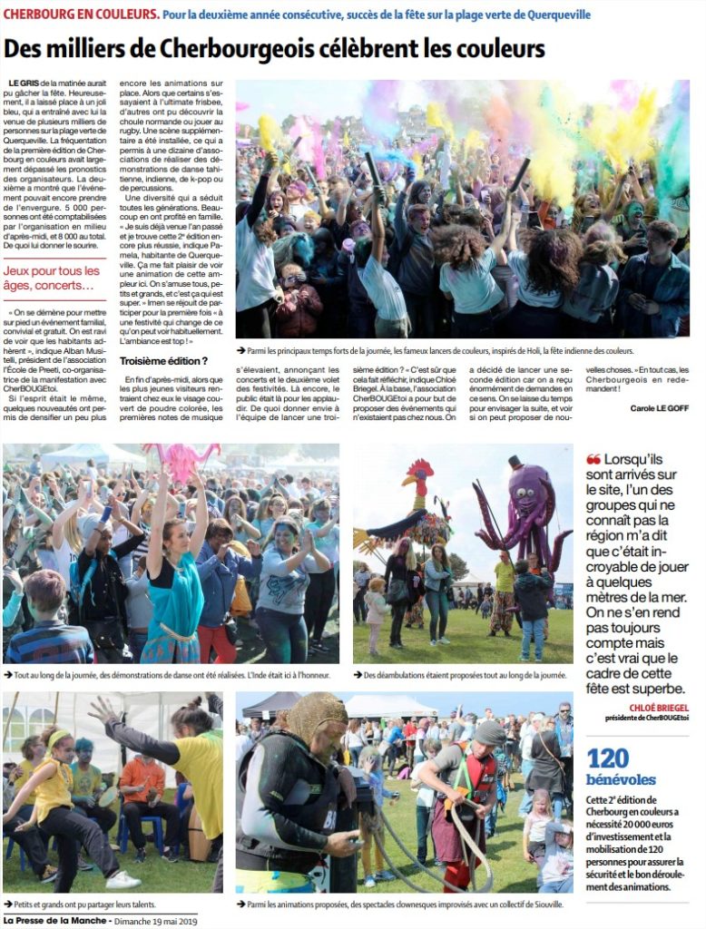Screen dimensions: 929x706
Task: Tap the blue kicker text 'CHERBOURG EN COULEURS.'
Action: coord(82,15)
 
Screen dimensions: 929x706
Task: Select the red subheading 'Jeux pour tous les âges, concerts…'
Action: coord(53,279)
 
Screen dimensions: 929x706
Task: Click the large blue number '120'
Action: coord(609,758)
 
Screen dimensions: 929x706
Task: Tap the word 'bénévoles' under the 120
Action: coord(621,779)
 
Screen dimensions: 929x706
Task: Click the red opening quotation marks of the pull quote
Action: coord(593,459)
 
